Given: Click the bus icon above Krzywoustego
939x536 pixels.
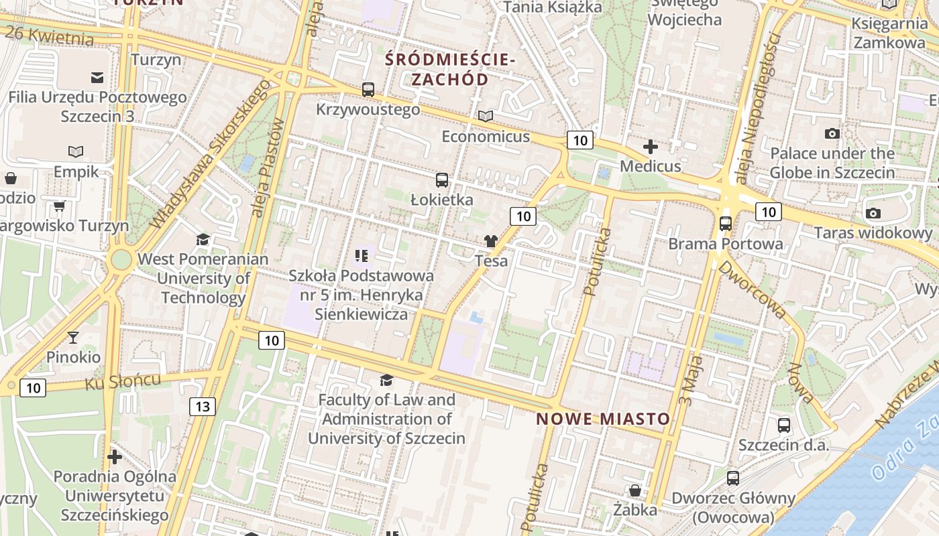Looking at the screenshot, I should (x=368, y=89).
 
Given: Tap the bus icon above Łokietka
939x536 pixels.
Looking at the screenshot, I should (x=441, y=180).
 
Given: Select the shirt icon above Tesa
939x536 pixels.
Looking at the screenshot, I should (x=491, y=241).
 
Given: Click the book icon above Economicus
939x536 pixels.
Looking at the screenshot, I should (x=486, y=117).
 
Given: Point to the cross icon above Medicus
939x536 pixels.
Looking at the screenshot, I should (x=650, y=146).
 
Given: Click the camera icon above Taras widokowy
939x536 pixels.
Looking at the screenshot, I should (x=873, y=213).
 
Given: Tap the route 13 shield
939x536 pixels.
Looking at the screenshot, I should (x=203, y=406).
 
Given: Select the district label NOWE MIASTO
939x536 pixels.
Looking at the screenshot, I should (x=603, y=419).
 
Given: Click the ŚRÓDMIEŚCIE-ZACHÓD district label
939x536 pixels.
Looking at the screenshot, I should (x=450, y=69).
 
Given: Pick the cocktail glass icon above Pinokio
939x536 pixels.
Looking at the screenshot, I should (x=73, y=338).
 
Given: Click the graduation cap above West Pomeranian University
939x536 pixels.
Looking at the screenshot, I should (x=203, y=239).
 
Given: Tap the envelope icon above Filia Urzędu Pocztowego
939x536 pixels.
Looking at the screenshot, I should (x=97, y=78).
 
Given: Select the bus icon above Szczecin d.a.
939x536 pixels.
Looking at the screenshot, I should (x=783, y=425).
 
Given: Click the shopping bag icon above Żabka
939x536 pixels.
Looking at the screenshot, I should (x=634, y=490).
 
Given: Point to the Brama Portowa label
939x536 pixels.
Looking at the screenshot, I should (x=725, y=244).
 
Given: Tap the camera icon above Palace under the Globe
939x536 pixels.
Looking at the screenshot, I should (x=832, y=133).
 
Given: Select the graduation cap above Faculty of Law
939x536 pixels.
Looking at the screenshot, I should (x=386, y=380).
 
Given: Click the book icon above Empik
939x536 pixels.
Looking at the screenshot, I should (x=76, y=151).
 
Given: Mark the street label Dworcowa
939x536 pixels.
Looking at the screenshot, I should (x=752, y=289).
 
